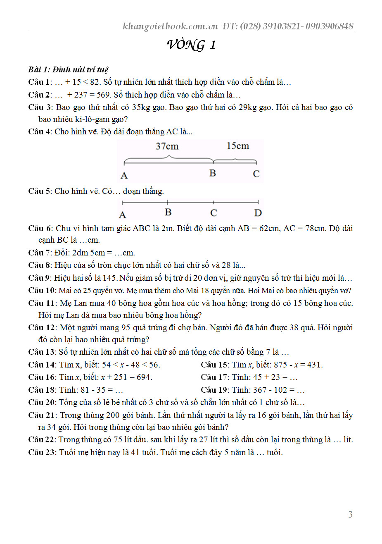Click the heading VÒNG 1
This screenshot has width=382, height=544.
(x=191, y=45)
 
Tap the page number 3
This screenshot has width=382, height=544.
(x=350, y=514)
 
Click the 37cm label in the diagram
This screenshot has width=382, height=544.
(x=167, y=146)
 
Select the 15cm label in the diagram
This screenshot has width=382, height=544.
(x=237, y=146)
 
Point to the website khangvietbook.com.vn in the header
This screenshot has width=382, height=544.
(x=170, y=26)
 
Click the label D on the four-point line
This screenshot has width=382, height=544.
(x=258, y=213)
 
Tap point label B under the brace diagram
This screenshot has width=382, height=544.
(x=212, y=173)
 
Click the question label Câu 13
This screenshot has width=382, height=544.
(x=41, y=352)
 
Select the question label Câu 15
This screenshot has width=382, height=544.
(x=214, y=365)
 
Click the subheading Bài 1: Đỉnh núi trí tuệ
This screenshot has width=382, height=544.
(x=68, y=69)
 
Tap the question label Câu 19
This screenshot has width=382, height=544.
(x=214, y=390)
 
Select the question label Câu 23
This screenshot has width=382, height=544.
(x=41, y=452)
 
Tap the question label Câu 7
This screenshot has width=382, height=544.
(x=39, y=253)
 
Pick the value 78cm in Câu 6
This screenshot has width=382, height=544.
(x=314, y=228)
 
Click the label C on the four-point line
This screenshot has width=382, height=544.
(x=214, y=213)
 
